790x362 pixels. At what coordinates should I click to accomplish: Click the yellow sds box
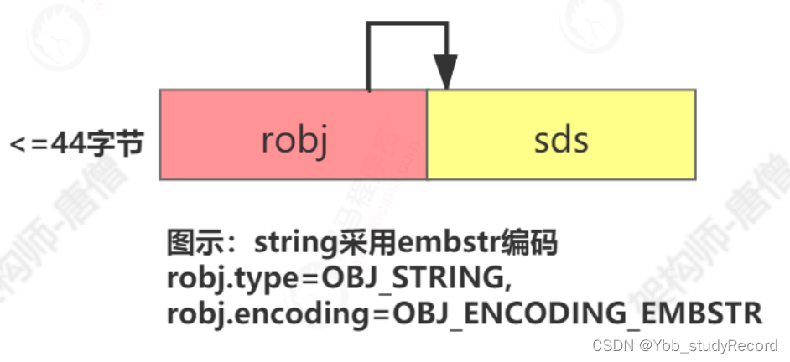[x=561, y=134]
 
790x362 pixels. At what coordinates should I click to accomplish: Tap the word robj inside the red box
[x=293, y=140]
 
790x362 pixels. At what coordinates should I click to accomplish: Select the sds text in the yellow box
[x=561, y=140]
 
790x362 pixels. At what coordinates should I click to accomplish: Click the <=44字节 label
[x=76, y=143]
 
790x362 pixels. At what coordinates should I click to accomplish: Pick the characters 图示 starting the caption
[x=192, y=246]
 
